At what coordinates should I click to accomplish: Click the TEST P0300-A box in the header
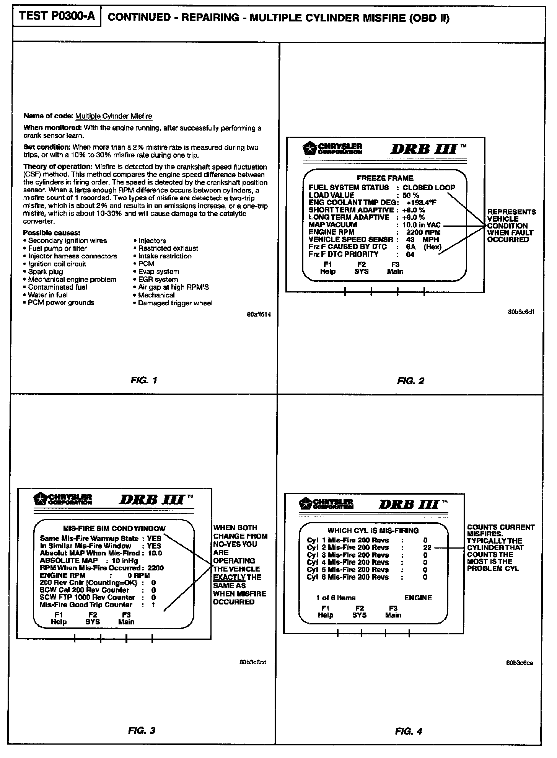point(57,16)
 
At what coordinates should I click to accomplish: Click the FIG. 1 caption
point(144,380)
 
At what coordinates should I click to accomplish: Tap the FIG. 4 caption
point(409,731)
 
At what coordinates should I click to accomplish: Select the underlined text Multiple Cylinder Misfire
point(114,116)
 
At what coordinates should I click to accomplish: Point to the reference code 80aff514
point(257,315)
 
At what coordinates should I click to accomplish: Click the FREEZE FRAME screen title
point(385,178)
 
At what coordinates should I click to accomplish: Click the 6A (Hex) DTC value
point(423,247)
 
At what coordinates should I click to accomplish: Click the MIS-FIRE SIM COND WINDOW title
point(114,529)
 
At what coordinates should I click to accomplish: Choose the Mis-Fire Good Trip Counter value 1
point(153,605)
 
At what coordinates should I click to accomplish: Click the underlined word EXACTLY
point(229,577)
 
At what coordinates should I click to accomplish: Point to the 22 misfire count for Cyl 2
point(427,548)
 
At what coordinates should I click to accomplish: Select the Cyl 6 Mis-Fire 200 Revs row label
point(347,577)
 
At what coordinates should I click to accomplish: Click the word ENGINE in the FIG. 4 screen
point(418,598)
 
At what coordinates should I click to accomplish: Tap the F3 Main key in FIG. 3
point(126,619)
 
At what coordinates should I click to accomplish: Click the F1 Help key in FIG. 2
point(327,268)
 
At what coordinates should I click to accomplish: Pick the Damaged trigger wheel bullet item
point(174,303)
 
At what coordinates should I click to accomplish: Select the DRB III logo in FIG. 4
point(412,504)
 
